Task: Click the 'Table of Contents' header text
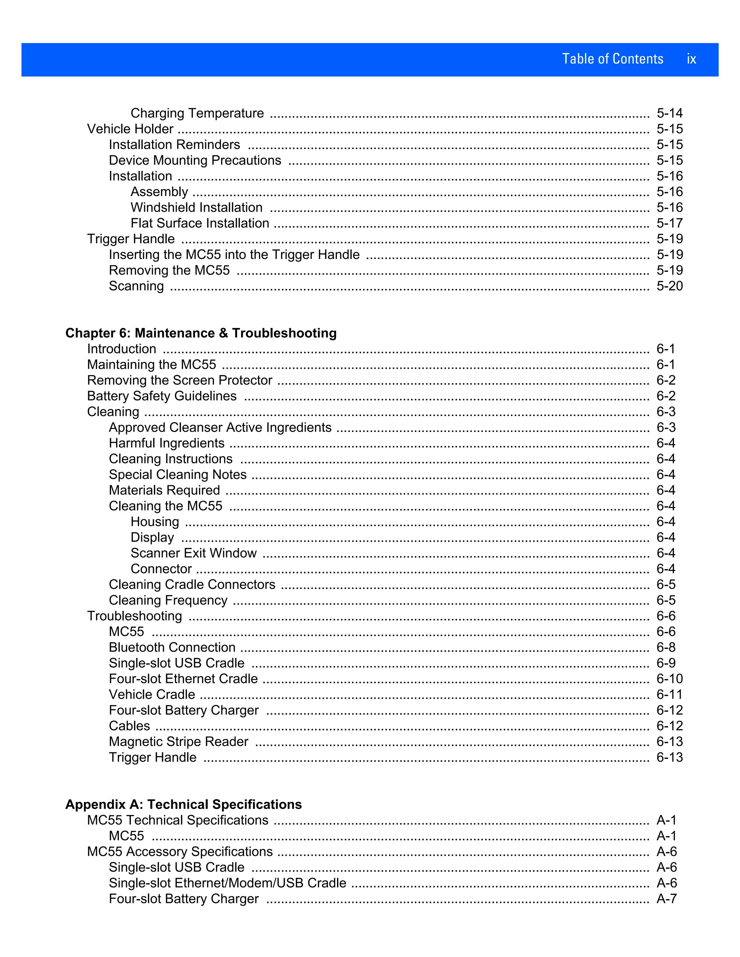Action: coord(612,59)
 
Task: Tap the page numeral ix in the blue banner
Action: coord(691,59)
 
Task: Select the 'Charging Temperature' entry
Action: coord(197,113)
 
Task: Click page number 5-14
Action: coord(670,113)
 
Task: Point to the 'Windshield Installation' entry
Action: coord(197,207)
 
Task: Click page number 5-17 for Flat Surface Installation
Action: coord(670,223)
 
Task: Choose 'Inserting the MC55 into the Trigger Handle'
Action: coord(234,255)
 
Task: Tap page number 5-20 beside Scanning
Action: coord(670,286)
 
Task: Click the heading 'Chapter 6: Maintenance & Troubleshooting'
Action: coord(201,333)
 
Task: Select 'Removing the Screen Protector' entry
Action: coord(180,380)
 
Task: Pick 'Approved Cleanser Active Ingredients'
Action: coord(220,427)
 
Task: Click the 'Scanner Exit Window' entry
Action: coord(193,553)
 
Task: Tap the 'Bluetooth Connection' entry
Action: coord(172,647)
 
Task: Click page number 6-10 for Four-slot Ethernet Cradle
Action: coord(670,679)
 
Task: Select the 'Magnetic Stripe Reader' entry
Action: coord(178,741)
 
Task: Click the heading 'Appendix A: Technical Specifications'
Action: coord(183,805)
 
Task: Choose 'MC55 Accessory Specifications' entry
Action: coord(180,852)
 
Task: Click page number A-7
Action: coord(666,899)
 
